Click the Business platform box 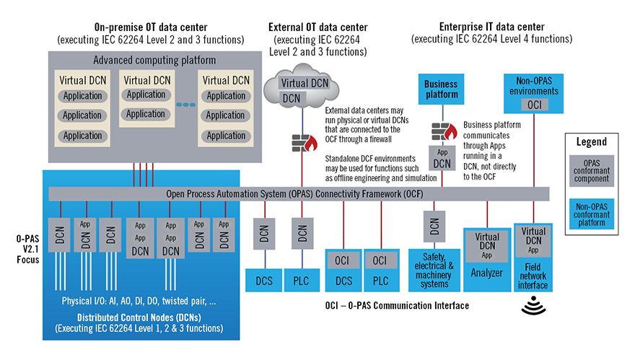point(441,89)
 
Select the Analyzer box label point(486,274)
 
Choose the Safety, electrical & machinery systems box point(435,270)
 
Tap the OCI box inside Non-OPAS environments point(535,105)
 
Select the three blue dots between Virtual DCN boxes point(185,105)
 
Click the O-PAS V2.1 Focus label point(24,247)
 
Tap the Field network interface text point(534,276)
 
